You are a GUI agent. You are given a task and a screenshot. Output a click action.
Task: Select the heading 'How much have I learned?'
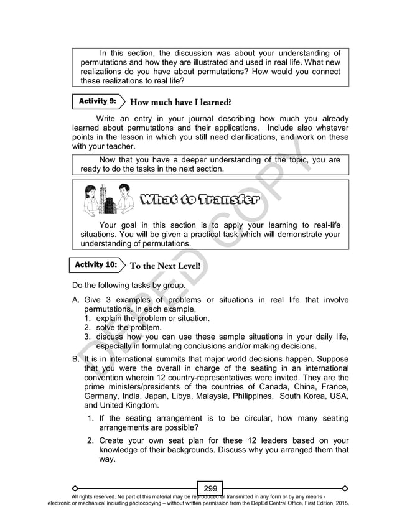pyautogui.click(x=180, y=101)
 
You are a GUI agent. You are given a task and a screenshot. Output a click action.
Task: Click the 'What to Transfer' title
pyautogui.click(x=200, y=200)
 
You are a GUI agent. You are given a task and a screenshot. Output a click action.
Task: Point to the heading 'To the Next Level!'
pyautogui.click(x=165, y=265)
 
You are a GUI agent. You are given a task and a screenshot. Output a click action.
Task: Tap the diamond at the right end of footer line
pyautogui.click(x=345, y=487)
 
